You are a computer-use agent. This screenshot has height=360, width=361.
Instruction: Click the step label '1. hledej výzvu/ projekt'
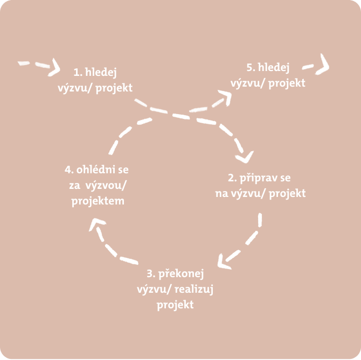click(95, 79)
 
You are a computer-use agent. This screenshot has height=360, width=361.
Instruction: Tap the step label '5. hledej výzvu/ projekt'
click(268, 75)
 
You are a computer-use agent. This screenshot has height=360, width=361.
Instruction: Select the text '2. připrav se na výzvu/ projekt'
click(260, 185)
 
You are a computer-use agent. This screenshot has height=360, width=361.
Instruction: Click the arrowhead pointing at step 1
click(54, 67)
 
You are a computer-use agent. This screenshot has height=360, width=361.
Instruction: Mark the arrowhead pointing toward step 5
click(225, 96)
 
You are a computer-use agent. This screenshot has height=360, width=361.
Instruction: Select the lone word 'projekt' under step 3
click(175, 305)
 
